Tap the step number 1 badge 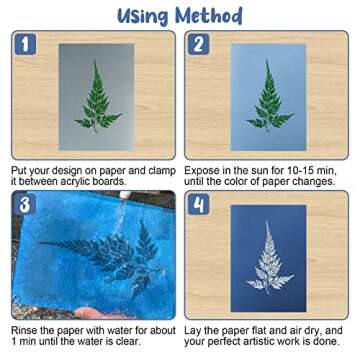tap(25, 44)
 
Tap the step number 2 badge tap(199, 44)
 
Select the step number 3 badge tap(25, 204)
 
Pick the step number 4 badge tap(199, 204)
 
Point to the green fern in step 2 tap(268, 98)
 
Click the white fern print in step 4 tap(267, 260)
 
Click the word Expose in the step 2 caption tap(204, 171)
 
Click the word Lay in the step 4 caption tap(195, 331)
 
